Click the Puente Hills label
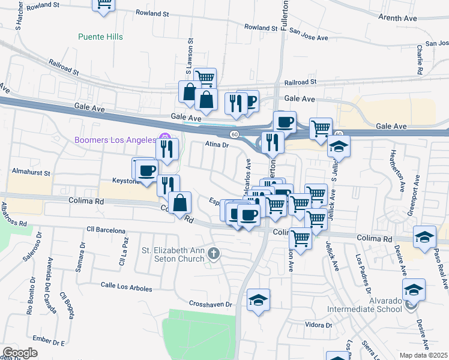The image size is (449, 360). pos(100,37)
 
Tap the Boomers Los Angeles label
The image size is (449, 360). pos(115,140)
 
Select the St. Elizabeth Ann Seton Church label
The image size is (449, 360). pos(173,254)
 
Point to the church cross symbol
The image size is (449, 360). pos(213,254)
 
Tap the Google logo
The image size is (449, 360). pos(20,352)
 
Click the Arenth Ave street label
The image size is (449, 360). pos(397,18)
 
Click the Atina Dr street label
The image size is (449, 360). pos(217,145)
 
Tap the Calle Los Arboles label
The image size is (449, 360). pos(126,287)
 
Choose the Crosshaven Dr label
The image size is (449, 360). pos(210,304)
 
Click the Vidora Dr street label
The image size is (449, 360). pos(319,325)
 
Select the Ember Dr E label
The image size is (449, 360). pos(50,343)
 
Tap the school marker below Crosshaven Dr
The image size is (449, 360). pos(259,300)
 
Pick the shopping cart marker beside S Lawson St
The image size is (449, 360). pos(205,77)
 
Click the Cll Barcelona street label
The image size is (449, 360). pos(106,230)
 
